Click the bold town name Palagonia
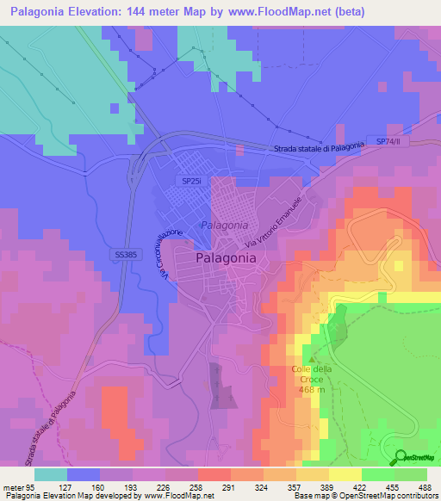coord(226,257)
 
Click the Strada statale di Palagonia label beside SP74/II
coord(319,148)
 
